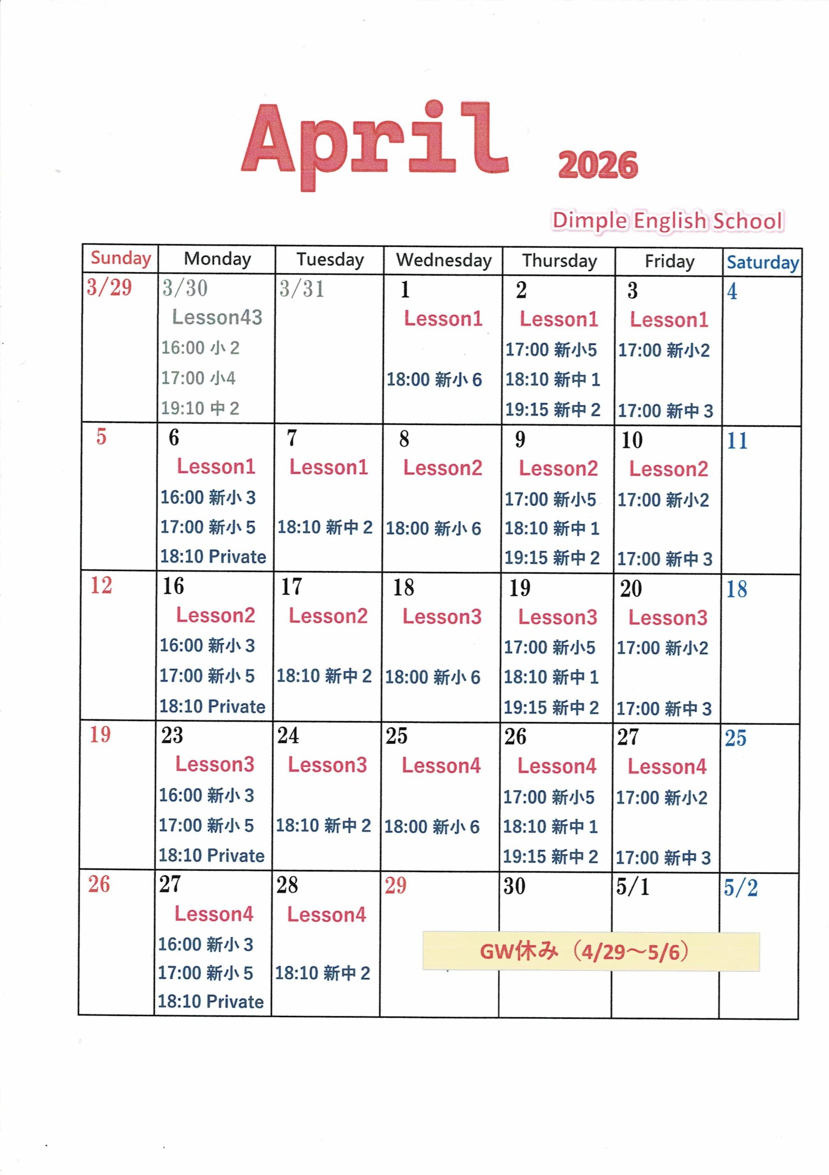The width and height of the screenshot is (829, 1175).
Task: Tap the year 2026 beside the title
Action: (x=598, y=165)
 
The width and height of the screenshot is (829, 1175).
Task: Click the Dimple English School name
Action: (x=667, y=221)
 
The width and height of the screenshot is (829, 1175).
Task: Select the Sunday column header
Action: (x=121, y=258)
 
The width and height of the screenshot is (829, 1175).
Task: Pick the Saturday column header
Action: (x=762, y=263)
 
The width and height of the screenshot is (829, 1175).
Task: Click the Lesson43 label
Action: (x=217, y=317)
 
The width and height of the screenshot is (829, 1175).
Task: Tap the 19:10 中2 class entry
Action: (x=200, y=408)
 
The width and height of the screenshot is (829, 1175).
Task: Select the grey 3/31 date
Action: (x=302, y=289)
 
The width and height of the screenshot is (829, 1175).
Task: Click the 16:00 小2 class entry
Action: (x=200, y=348)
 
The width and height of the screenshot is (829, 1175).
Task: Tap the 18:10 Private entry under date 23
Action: (x=211, y=856)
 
